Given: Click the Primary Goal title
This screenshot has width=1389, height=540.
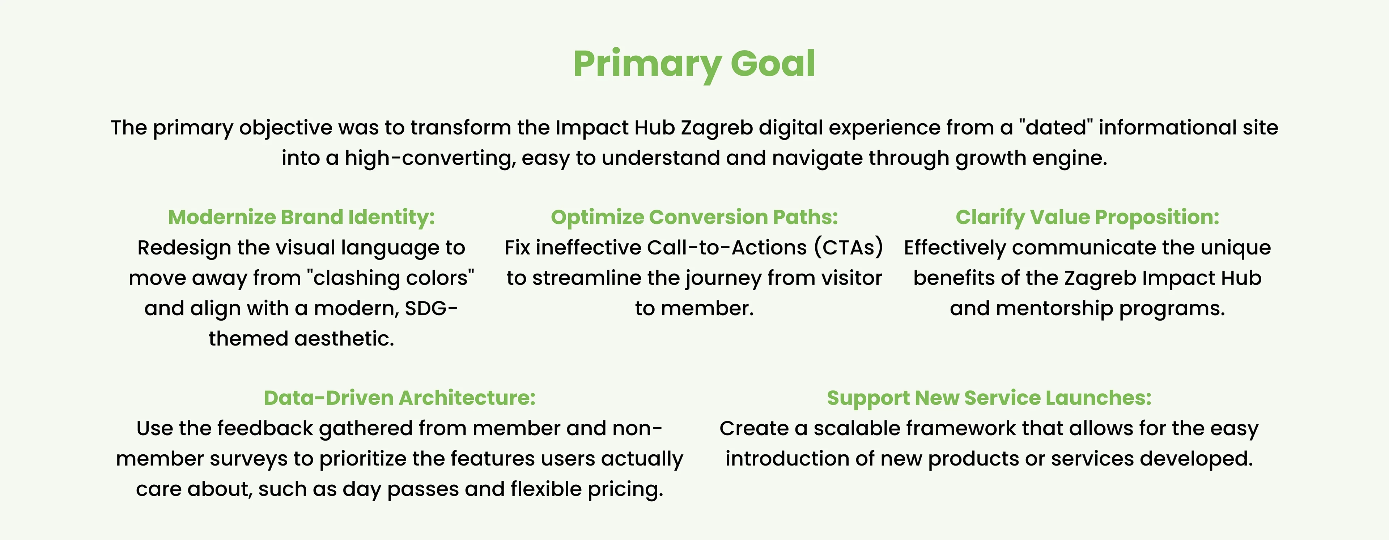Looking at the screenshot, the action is tap(694, 64).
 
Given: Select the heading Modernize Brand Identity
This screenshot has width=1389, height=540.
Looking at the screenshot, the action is tap(301, 217).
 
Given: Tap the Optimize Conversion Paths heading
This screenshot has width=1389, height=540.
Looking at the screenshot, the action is tap(694, 217).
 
